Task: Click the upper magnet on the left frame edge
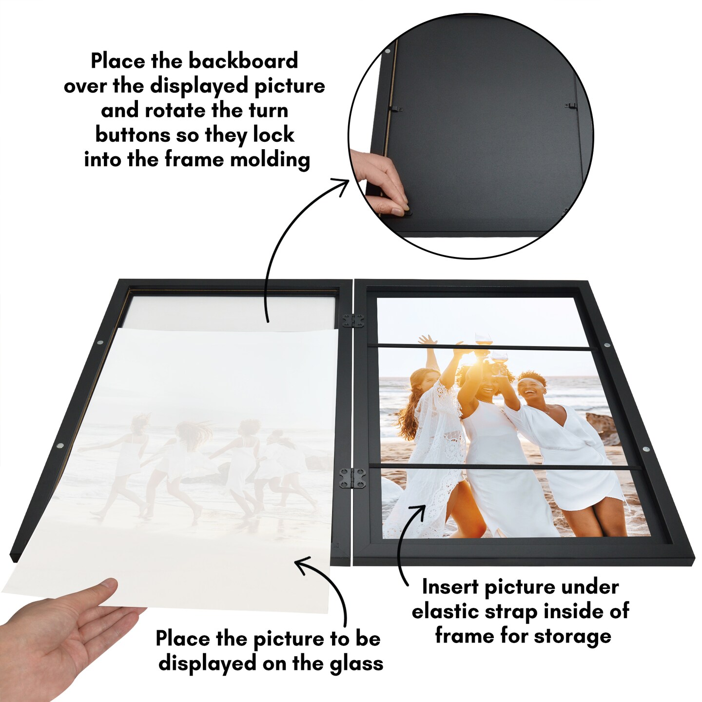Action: coord(100,342)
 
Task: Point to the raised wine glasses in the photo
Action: coord(488,355)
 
